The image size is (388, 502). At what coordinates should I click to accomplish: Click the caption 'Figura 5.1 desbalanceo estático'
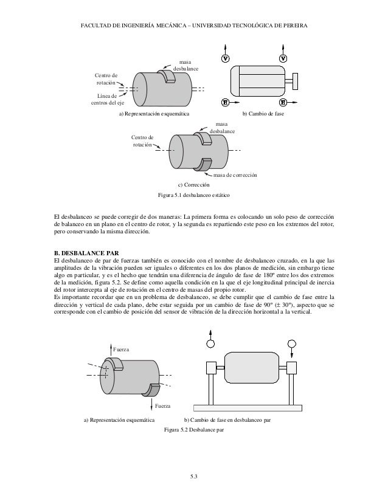[x=194, y=196]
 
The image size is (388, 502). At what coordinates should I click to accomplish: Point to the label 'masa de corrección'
[x=236, y=175]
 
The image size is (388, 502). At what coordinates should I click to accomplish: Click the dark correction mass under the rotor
[x=205, y=164]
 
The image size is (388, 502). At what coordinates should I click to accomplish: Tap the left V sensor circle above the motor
[x=225, y=58]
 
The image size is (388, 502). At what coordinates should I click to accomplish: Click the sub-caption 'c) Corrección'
[x=193, y=184]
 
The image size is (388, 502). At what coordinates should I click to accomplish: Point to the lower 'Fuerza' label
[x=162, y=405]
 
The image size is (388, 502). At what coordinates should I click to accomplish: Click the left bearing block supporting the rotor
[x=212, y=368]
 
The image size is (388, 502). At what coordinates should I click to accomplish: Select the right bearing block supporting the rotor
[x=291, y=368]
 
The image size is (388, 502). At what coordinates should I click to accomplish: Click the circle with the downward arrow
[x=291, y=345]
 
